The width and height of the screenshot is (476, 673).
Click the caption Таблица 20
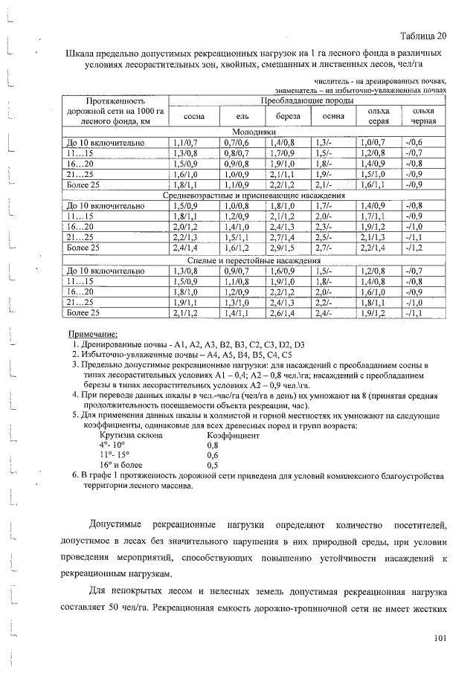coord(422,35)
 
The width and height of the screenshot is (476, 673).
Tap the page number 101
coord(440,638)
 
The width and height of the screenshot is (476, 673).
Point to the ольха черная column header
coord(423,116)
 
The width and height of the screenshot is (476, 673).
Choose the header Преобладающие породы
coord(306,100)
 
